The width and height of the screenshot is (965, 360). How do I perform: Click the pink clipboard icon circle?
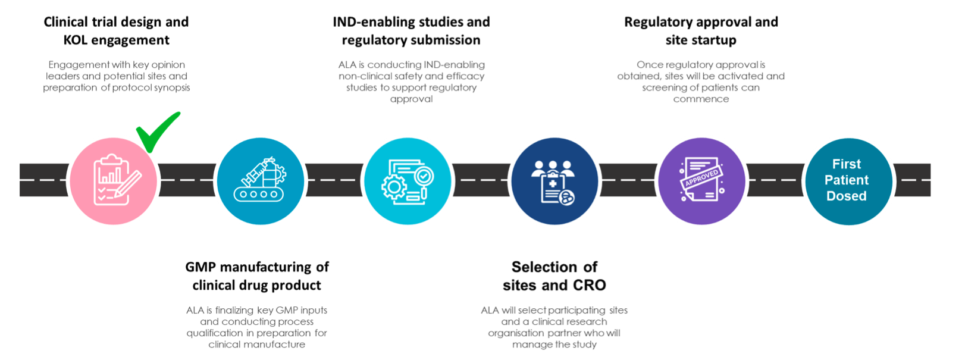click(113, 180)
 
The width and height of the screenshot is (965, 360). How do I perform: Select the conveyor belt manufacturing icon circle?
click(260, 180)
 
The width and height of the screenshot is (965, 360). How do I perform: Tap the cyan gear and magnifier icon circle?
click(408, 180)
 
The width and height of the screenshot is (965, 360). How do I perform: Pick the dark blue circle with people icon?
click(554, 180)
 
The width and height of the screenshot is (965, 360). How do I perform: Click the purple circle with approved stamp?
click(701, 180)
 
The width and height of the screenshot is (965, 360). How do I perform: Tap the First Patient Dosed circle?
click(848, 180)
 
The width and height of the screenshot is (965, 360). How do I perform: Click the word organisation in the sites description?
click(516, 333)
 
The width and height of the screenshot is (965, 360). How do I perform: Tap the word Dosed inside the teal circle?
click(846, 196)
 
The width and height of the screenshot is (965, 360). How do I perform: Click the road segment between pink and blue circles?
click(187, 180)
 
